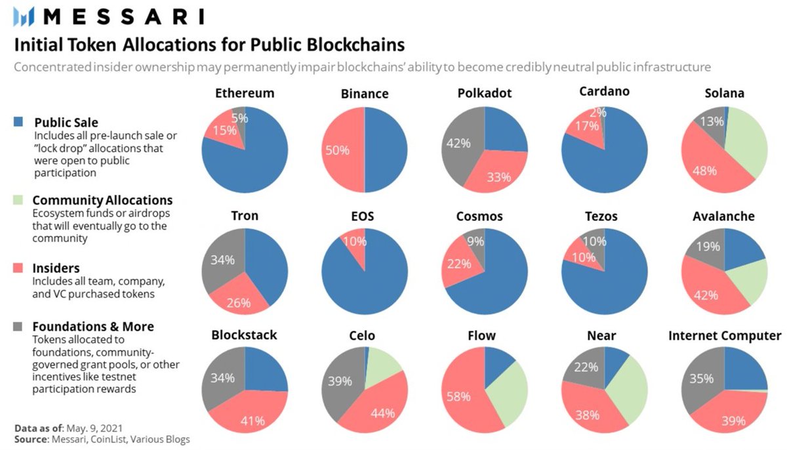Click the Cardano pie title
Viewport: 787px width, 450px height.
(604, 92)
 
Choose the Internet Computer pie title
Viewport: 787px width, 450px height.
(725, 336)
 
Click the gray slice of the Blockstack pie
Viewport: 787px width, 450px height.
(223, 374)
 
